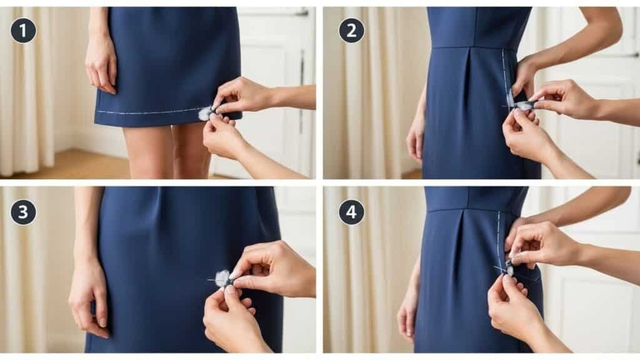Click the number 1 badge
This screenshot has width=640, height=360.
click(23, 30)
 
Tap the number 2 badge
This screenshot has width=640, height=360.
click(351, 30)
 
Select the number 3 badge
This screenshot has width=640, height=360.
click(23, 212)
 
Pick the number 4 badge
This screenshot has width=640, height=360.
click(351, 212)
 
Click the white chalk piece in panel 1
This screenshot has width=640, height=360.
click(205, 113)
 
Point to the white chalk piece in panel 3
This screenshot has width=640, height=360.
click(222, 278)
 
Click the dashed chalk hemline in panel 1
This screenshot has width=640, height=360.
click(150, 112)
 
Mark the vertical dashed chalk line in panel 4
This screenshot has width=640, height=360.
click(498, 237)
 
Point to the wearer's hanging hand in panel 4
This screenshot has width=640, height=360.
click(408, 312)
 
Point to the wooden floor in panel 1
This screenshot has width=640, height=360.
click(62, 166)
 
